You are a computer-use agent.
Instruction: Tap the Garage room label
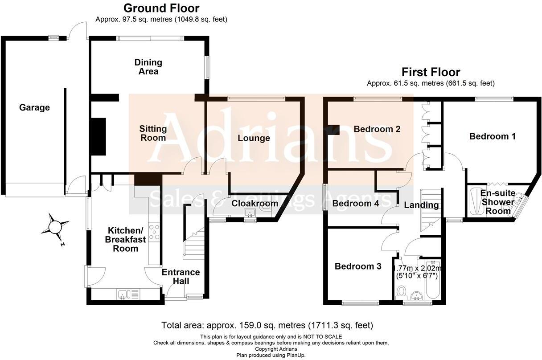click(x=34, y=107)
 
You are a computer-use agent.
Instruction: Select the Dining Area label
click(x=148, y=67)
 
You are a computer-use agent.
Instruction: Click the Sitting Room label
click(x=153, y=133)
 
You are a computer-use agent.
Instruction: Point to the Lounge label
click(x=253, y=138)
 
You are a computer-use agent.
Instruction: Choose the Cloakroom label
click(x=255, y=204)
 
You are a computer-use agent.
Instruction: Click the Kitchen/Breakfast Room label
click(x=125, y=239)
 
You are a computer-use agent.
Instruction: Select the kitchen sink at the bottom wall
click(x=124, y=294)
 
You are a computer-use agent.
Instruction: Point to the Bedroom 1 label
click(x=492, y=136)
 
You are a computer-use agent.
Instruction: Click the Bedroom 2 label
click(x=377, y=129)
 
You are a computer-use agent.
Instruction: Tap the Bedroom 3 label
click(x=358, y=266)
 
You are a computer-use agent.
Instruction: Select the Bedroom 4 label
click(x=356, y=204)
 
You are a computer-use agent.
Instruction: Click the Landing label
click(x=421, y=205)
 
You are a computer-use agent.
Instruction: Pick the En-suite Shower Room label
click(x=498, y=202)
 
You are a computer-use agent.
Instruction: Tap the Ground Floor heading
click(x=161, y=8)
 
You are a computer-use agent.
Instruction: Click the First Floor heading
click(x=431, y=72)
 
